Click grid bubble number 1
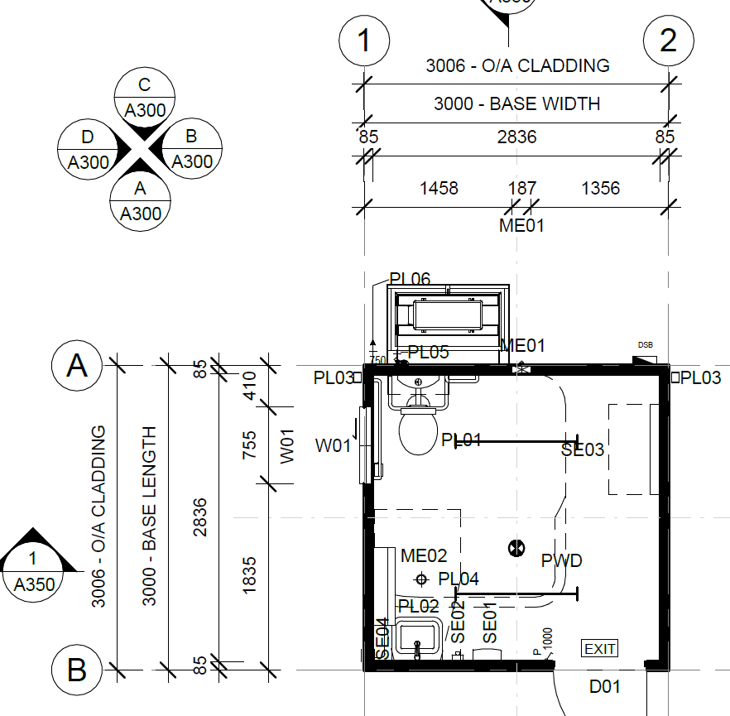pyautogui.click(x=364, y=40)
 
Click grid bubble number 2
pyautogui.click(x=669, y=40)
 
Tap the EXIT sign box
pyautogui.click(x=599, y=649)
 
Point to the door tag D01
pyautogui.click(x=604, y=686)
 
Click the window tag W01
pyautogui.click(x=332, y=447)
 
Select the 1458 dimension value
pyautogui.click(x=439, y=189)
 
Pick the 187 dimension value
pyautogui.click(x=521, y=189)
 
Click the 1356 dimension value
pyautogui.click(x=600, y=189)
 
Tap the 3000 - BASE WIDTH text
pyautogui.click(x=516, y=104)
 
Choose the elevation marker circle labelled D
pyautogui.click(x=88, y=149)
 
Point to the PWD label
pyautogui.click(x=561, y=560)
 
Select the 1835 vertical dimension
pyautogui.click(x=250, y=573)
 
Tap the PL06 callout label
pyautogui.click(x=410, y=280)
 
